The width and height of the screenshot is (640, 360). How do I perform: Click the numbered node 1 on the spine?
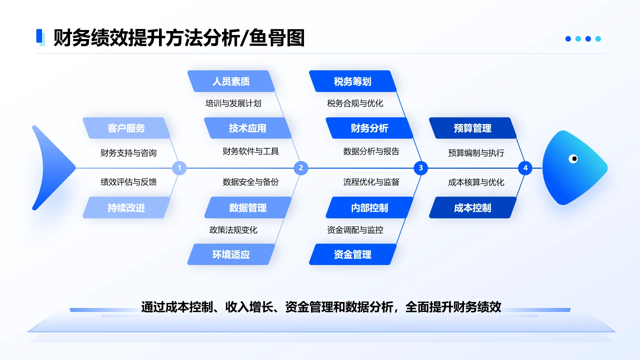pos(179,168)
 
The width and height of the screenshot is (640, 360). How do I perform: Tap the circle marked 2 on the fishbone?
pos(301,168)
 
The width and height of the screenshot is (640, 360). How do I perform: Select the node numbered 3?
pos(421,168)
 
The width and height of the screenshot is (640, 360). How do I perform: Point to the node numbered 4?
pos(525,168)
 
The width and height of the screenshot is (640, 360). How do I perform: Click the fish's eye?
pos(573,159)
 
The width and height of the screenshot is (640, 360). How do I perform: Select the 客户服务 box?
pos(126,128)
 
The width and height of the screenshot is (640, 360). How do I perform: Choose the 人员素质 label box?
pos(231,81)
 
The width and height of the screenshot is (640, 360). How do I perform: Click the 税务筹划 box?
pos(353,81)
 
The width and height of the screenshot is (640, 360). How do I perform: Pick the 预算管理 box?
pos(472,128)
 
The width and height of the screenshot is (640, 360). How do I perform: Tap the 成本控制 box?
pos(472,208)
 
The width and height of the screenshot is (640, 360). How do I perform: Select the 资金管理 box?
pos(353,254)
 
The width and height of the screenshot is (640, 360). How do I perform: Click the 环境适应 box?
pos(231,254)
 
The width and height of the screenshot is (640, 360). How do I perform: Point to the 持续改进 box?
pos(126,208)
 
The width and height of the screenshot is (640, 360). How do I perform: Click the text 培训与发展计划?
pos(233,103)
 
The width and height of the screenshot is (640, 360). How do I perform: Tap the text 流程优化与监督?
pos(371,182)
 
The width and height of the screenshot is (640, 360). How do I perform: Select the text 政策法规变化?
pos(233,230)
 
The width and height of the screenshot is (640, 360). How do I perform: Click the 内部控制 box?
pos(369,208)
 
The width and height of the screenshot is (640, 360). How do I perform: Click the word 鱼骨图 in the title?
pos(277,38)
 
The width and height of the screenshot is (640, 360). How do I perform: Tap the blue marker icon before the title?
pos(40,37)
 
